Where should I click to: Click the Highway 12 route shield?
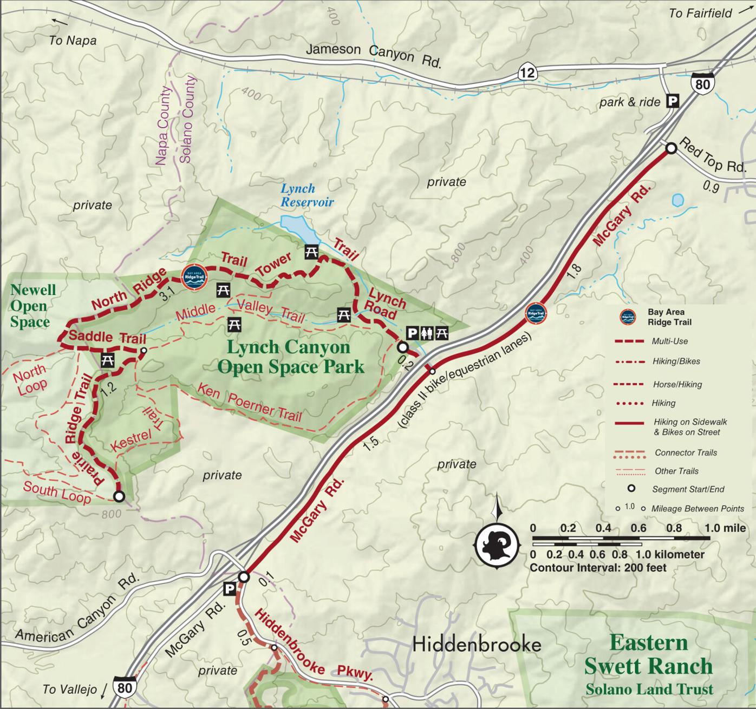point(527,71)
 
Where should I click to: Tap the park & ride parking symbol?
point(672,101)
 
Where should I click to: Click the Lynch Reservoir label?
point(307,195)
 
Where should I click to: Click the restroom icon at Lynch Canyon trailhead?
point(427,333)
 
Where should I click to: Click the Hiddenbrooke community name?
point(477,644)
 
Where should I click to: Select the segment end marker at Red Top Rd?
point(671,148)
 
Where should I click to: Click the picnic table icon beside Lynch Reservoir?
point(311,252)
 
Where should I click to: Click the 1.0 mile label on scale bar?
point(725,528)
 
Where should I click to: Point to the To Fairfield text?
point(700,13)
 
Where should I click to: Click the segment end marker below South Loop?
point(119,496)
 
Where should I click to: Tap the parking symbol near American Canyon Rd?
point(230,589)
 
